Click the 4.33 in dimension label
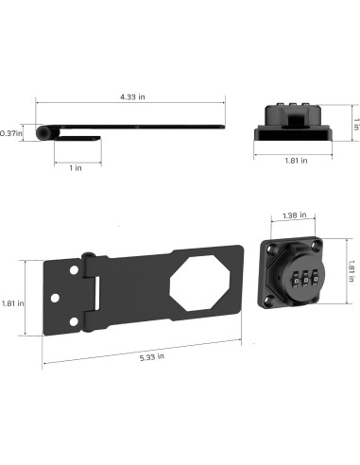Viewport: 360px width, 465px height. (x=132, y=96)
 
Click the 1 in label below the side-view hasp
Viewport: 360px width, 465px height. (x=75, y=167)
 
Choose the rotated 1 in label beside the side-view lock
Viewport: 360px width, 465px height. (x=352, y=124)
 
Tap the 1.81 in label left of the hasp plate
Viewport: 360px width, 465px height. (x=13, y=303)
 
